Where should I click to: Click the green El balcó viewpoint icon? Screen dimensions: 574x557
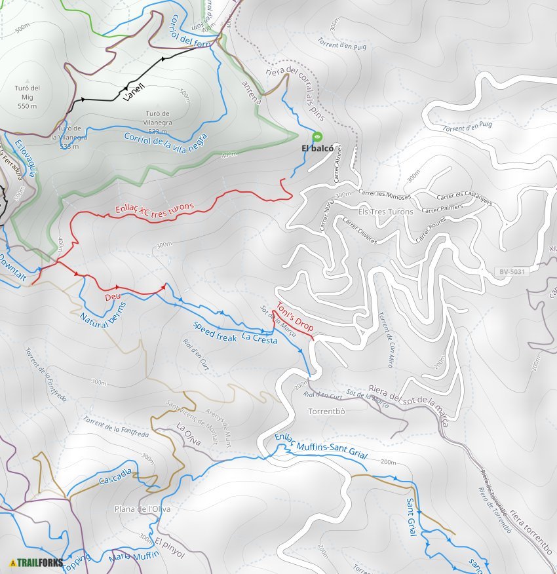pos(317,136)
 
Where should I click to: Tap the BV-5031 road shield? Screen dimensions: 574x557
pos(512,271)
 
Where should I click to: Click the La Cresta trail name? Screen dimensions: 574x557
pos(259,339)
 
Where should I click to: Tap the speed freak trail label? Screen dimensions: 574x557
pos(214,332)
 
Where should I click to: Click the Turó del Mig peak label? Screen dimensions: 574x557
pos(27,97)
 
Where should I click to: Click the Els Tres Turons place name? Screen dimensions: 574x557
pos(386,212)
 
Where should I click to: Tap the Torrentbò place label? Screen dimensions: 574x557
pos(326,411)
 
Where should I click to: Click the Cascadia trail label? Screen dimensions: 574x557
pos(116,476)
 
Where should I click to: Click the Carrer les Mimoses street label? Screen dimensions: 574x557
pos(385,195)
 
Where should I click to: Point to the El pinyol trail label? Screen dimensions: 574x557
pos(170,547)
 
